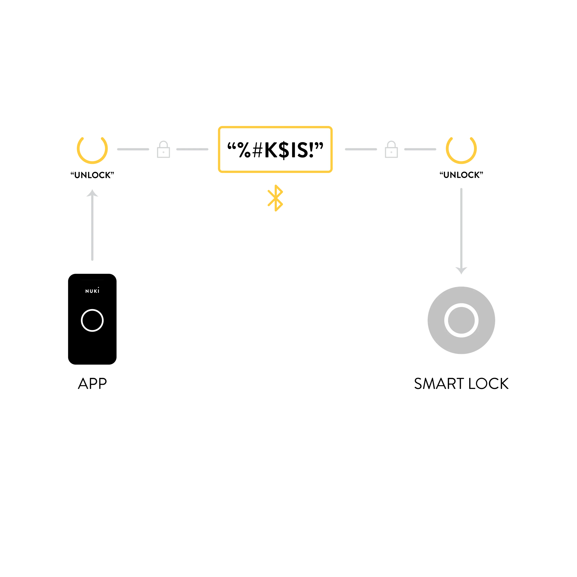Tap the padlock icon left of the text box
164,150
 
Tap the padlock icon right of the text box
391,150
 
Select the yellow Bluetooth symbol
275,198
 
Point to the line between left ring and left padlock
133,149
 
